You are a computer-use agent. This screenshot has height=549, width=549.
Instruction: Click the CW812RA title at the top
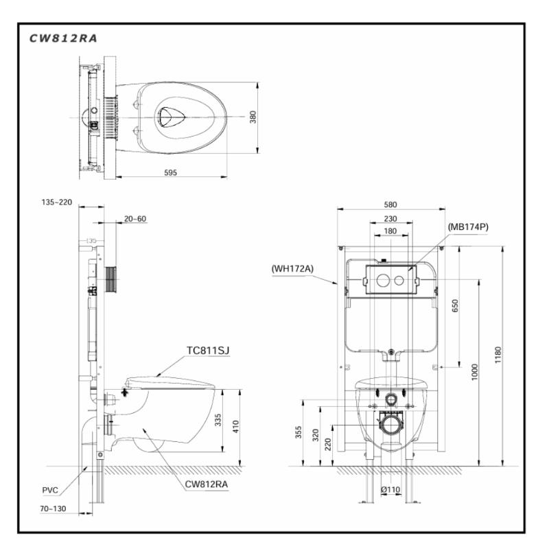click(62, 38)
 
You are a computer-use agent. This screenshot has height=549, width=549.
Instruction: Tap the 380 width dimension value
click(253, 117)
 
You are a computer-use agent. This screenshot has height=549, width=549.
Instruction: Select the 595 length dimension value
click(170, 173)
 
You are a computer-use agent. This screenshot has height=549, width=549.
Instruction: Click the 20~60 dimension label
click(135, 219)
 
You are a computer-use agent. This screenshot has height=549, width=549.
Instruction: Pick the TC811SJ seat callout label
click(208, 351)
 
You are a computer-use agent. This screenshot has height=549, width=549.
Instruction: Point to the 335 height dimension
click(218, 420)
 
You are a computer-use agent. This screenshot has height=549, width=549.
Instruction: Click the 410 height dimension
click(235, 426)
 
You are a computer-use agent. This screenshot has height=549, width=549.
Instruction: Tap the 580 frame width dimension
click(390, 205)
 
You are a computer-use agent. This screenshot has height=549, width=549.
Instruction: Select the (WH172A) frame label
click(292, 268)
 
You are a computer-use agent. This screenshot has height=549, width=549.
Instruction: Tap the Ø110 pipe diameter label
click(390, 489)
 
